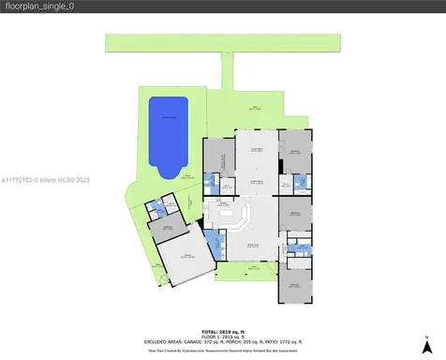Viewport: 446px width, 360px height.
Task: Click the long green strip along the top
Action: pyautogui.click(x=221, y=44)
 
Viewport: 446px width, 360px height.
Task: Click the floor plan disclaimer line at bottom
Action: pyautogui.click(x=222, y=351)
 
